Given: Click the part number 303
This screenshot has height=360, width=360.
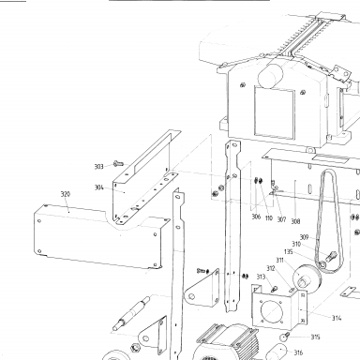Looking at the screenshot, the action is pos(98,167).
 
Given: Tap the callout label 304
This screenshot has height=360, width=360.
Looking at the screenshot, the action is pos(99,187).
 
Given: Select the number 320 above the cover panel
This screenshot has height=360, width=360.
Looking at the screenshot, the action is pos(66,194).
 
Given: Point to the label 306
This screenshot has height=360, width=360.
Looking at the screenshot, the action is pos(256,217).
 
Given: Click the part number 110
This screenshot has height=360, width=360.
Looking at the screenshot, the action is pos(269,217).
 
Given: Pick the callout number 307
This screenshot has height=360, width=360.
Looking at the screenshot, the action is pos(281,219).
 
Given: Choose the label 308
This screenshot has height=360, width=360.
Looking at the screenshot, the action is pos(295,221).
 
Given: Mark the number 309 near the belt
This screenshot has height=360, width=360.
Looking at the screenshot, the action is pos(304,237).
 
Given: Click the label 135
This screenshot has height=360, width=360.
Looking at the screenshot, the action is pos(289,251).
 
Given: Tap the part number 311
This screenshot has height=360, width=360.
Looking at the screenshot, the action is pos(279,260).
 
